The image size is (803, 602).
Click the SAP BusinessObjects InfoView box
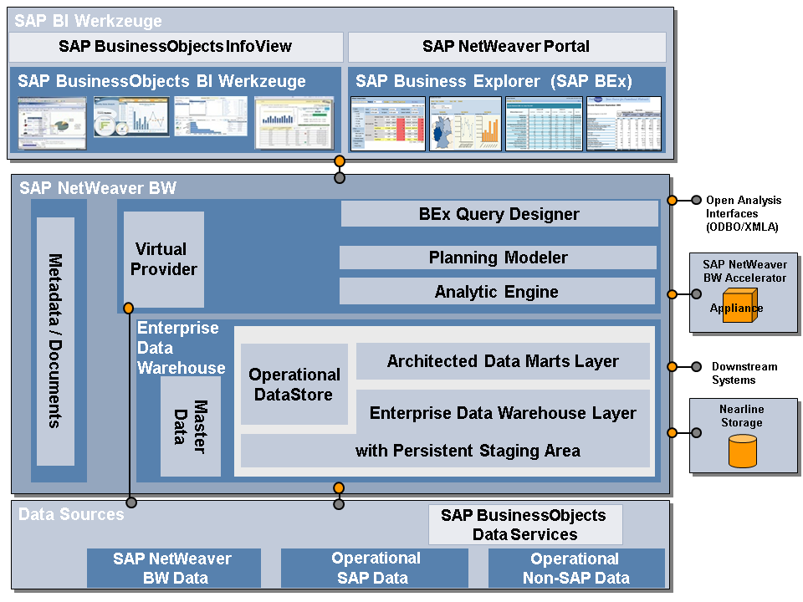click(x=176, y=47)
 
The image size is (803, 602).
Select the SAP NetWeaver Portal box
click(x=506, y=47)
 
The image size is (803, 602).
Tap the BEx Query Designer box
click(x=499, y=214)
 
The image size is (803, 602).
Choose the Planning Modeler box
click(x=498, y=258)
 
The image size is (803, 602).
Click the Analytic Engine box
click(x=496, y=292)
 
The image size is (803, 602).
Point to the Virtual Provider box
click(x=164, y=259)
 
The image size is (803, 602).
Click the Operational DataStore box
click(x=294, y=384)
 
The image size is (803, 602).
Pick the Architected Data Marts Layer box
click(x=503, y=361)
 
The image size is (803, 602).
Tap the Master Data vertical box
click(x=191, y=426)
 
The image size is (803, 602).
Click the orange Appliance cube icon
click(x=736, y=307)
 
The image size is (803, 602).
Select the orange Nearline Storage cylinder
click(x=742, y=451)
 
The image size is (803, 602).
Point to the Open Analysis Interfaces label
click(x=743, y=213)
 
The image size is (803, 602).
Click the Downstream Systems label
click(x=744, y=373)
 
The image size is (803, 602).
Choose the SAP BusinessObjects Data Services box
click(x=524, y=525)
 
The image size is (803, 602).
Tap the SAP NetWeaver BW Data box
click(x=173, y=569)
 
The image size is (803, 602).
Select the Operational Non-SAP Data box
click(x=575, y=569)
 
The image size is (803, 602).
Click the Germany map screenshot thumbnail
click(x=465, y=124)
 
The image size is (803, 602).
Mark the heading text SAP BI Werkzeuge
click(x=89, y=21)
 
